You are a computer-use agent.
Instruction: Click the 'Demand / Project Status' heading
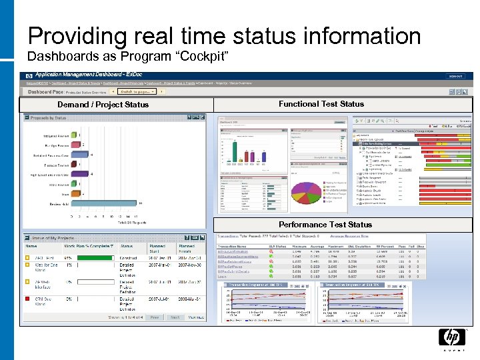pos(103,105)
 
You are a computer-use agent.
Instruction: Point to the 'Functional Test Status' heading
pos(321,104)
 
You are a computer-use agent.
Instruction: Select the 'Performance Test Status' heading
pos(325,225)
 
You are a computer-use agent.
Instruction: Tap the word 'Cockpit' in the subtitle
pos(204,56)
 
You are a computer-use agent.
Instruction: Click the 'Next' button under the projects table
pos(175,317)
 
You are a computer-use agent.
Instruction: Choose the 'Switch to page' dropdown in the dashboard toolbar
pos(137,91)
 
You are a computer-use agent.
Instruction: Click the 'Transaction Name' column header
pos(231,246)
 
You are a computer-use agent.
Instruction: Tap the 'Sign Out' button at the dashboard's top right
pos(455,76)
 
